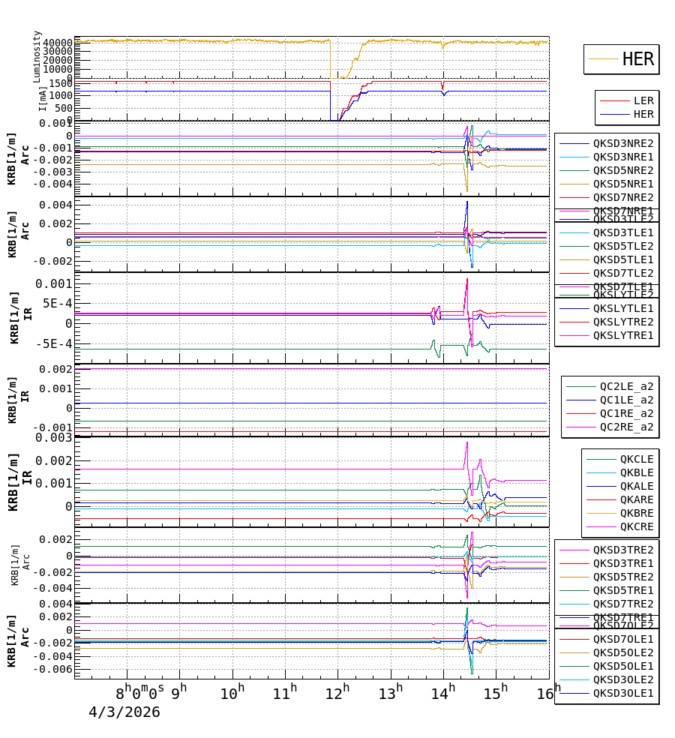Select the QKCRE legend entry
[637, 526]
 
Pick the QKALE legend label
[637, 486]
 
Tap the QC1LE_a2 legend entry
[626, 400]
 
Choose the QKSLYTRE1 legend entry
[623, 335]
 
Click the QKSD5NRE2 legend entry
[623, 170]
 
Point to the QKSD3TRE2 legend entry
[623, 550]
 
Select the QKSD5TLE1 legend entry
[623, 259]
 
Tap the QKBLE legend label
[637, 472]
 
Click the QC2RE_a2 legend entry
[626, 427]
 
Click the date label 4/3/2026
[124, 712]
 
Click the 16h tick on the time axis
[549, 693]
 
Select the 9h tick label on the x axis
[179, 693]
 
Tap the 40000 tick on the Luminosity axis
[58, 42]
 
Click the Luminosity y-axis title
[37, 56]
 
